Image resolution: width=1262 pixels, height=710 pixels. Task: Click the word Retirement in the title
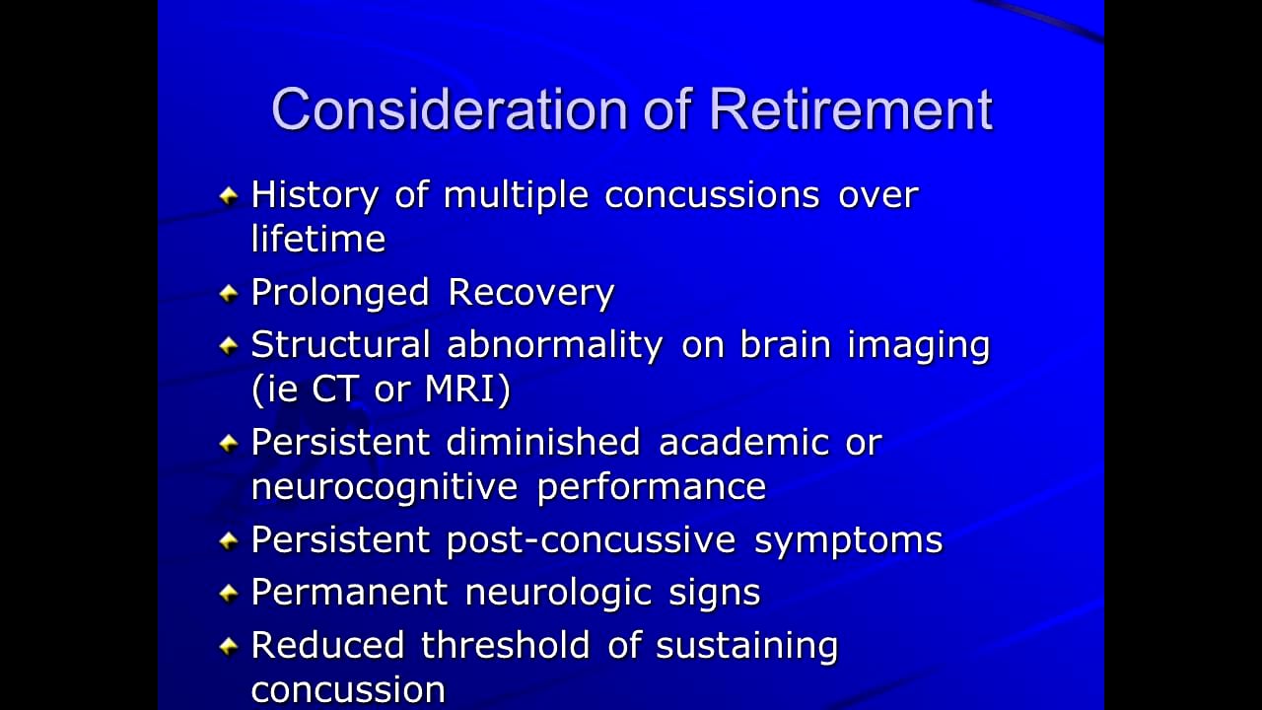tap(850, 109)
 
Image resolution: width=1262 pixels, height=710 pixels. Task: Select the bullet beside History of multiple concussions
tap(229, 195)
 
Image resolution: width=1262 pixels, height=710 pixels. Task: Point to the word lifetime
tap(317, 239)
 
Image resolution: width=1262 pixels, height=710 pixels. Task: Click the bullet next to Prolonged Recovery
tap(229, 293)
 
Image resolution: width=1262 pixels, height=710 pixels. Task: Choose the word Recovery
tap(530, 293)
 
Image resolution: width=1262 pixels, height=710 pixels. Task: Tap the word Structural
tap(340, 345)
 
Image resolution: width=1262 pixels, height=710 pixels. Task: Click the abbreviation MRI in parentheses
tap(467, 389)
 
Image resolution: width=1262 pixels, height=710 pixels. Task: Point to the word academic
tap(743, 442)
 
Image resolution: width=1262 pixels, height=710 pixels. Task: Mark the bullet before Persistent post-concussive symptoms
tap(229, 540)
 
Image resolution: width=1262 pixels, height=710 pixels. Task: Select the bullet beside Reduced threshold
tap(229, 646)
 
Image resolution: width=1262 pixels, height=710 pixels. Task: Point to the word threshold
tap(504, 645)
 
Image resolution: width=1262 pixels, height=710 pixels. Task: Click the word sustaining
tap(746, 646)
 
